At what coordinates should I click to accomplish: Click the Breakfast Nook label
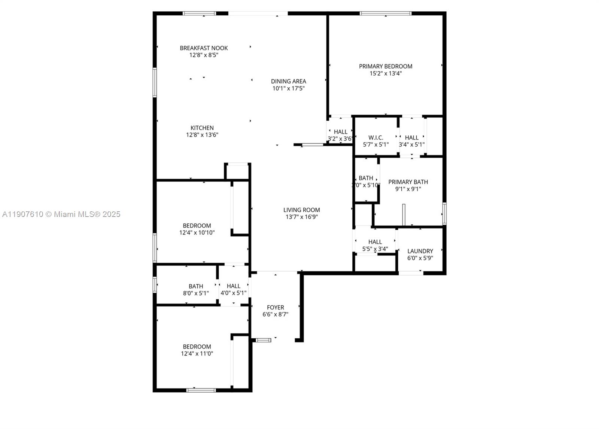(x=204, y=48)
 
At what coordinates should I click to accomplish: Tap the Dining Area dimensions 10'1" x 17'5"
(x=288, y=88)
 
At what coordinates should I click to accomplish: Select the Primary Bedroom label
(x=386, y=66)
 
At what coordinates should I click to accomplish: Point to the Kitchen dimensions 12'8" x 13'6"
(x=202, y=135)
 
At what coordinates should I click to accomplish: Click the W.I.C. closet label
(x=376, y=138)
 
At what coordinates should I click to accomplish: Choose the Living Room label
(x=301, y=210)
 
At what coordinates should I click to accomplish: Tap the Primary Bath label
(x=408, y=182)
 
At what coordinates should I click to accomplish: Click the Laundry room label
(x=420, y=251)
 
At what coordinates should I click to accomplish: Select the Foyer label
(x=276, y=307)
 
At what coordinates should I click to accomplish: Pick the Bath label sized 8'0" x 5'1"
(x=196, y=286)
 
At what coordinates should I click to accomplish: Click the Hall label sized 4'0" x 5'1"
(x=234, y=286)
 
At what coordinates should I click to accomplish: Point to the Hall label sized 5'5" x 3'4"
(x=375, y=242)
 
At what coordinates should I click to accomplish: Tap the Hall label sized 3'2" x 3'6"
(x=341, y=132)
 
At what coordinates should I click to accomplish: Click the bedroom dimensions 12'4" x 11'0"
(x=197, y=353)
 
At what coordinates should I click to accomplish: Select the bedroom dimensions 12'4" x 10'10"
(x=197, y=232)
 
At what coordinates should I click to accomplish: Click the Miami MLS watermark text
(x=61, y=214)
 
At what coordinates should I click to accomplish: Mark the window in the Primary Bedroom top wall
(x=386, y=13)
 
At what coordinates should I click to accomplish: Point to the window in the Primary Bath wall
(x=444, y=214)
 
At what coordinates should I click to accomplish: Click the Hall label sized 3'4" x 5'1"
(x=412, y=138)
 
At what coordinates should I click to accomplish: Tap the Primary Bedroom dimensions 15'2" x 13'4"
(x=386, y=73)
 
